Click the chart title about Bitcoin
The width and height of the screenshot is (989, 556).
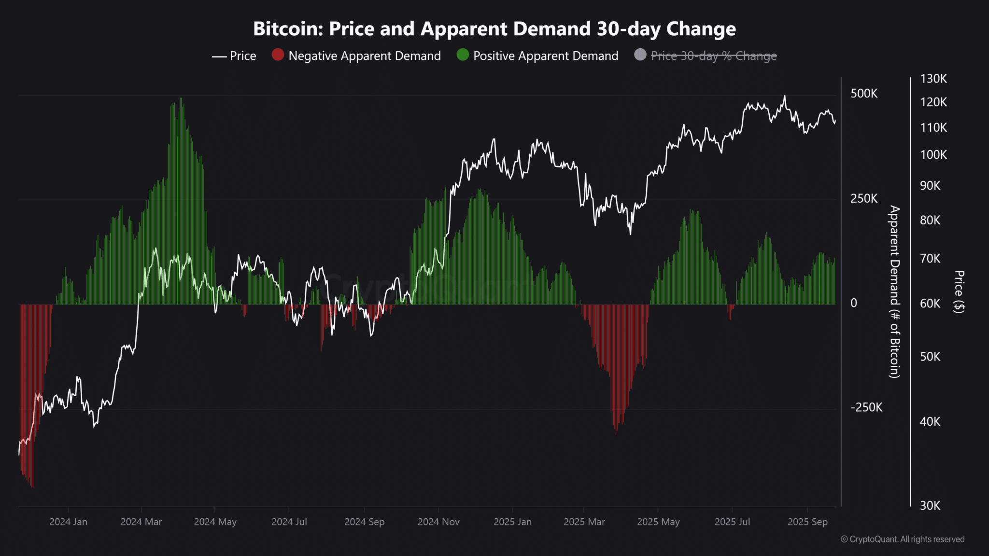tap(494, 29)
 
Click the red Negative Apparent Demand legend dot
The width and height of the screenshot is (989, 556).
tap(278, 55)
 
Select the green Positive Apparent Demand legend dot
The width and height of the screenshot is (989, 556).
tap(463, 55)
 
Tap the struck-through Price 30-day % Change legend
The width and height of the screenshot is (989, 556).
tap(713, 56)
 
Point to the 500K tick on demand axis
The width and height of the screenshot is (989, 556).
tap(864, 94)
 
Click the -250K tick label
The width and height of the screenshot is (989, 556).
tap(866, 407)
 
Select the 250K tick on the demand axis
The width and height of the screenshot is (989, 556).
tap(864, 198)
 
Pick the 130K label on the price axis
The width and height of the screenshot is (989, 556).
tap(933, 79)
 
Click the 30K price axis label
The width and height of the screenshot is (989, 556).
tap(930, 505)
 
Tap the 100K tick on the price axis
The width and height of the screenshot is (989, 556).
tap(933, 155)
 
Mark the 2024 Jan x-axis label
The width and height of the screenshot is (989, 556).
tap(68, 522)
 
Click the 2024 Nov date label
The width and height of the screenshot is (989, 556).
tap(438, 522)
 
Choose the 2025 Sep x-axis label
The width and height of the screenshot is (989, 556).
tap(807, 522)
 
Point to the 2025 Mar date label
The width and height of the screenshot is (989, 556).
tap(584, 522)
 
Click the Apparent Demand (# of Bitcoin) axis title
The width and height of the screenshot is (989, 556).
tap(895, 292)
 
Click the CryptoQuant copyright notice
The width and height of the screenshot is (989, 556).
tap(903, 539)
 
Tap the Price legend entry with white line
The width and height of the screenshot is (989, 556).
tap(234, 56)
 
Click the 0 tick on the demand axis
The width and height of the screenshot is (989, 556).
tap(854, 303)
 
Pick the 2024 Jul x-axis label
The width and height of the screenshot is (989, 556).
tap(289, 522)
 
